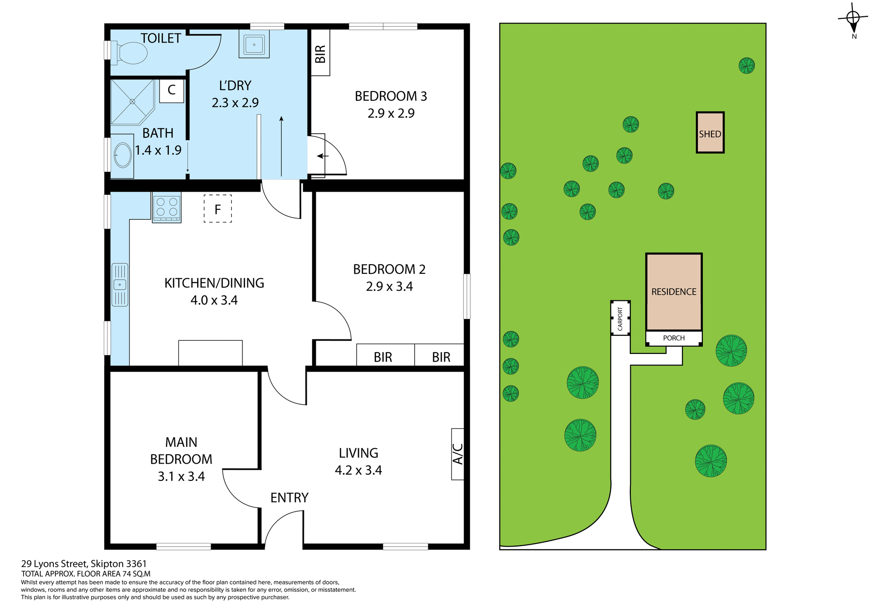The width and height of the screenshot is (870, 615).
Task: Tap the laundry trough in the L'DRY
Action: (254, 44)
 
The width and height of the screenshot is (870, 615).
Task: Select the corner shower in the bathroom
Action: (132, 102)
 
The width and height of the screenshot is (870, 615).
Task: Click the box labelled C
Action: (172, 90)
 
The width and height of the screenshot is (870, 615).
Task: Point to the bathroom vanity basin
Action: (122, 155)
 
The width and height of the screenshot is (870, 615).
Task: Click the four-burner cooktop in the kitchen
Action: (167, 208)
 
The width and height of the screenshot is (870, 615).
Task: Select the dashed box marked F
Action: (217, 209)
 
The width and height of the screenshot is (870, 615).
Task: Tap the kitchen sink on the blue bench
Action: (120, 285)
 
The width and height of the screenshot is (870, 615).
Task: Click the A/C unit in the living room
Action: (458, 454)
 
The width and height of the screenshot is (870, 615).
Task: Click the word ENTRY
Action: (289, 498)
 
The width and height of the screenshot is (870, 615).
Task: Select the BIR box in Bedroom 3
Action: (320, 53)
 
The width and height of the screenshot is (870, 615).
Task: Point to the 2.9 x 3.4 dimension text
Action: (389, 286)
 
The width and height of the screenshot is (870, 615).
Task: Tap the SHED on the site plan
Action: (710, 133)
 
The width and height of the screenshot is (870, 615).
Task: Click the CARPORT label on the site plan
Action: (620, 318)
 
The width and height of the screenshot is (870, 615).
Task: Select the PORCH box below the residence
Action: (673, 338)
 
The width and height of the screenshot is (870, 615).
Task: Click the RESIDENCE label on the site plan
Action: (673, 292)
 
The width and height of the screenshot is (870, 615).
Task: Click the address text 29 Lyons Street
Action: (84, 564)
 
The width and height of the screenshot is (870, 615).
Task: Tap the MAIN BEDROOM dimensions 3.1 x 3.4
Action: (181, 476)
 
